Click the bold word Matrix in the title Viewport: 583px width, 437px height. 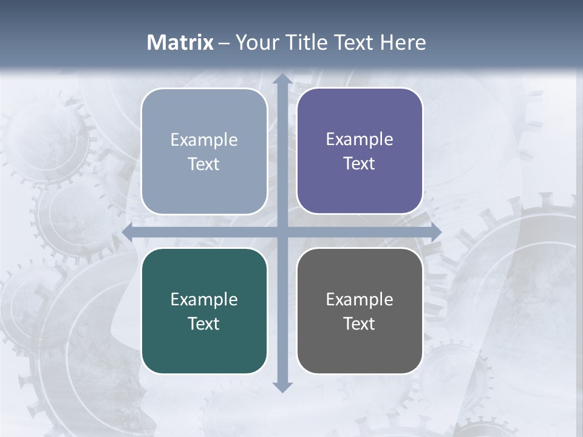[x=180, y=42]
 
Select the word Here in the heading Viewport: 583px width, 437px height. [x=403, y=42]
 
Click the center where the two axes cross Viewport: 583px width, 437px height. [x=282, y=232]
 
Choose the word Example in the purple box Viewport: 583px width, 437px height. [x=360, y=139]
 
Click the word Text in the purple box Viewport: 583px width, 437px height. [x=360, y=163]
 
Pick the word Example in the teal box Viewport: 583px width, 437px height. [x=204, y=299]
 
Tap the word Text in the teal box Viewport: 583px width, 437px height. [x=204, y=324]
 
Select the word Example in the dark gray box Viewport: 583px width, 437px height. [x=360, y=299]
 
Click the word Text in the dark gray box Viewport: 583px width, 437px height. [x=360, y=324]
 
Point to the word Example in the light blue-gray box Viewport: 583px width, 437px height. [x=204, y=140]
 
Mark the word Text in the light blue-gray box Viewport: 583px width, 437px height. [x=204, y=164]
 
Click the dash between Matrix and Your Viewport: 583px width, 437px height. [x=223, y=43]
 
